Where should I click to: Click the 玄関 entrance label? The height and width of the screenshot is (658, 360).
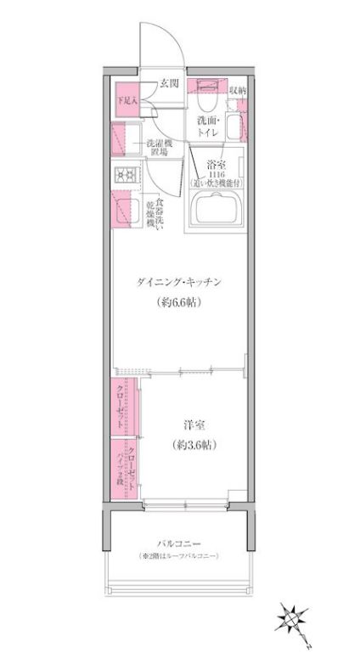[x=168, y=83]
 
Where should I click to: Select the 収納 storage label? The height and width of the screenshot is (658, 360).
[x=237, y=89]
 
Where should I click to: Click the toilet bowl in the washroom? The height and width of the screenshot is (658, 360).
[x=210, y=93]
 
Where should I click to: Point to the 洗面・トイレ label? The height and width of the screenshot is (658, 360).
[x=208, y=127]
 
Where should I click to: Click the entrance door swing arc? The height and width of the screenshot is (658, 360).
[x=170, y=38]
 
